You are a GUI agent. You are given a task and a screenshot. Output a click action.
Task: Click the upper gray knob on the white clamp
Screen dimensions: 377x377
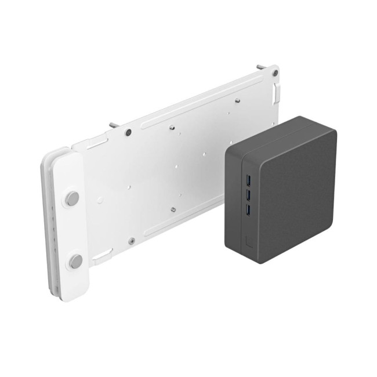[72, 198]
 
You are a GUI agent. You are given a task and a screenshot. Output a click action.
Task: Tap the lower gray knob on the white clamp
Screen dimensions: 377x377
[75, 261]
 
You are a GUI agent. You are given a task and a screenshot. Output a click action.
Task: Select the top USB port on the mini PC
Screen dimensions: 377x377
[249, 179]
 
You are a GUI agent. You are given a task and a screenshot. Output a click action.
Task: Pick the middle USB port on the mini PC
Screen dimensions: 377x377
[249, 193]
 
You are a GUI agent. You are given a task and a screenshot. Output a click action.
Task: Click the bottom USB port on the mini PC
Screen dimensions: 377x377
[249, 208]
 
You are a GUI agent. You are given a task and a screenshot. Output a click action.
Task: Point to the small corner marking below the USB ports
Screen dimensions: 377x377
[249, 240]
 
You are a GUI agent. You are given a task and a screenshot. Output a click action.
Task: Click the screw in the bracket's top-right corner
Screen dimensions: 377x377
[274, 73]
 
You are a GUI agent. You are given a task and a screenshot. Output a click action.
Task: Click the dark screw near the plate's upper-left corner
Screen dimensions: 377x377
[127, 133]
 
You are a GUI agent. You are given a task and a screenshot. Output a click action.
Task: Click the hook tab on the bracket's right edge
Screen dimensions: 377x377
[278, 92]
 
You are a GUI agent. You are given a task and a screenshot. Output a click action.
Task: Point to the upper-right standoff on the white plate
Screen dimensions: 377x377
[237, 99]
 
